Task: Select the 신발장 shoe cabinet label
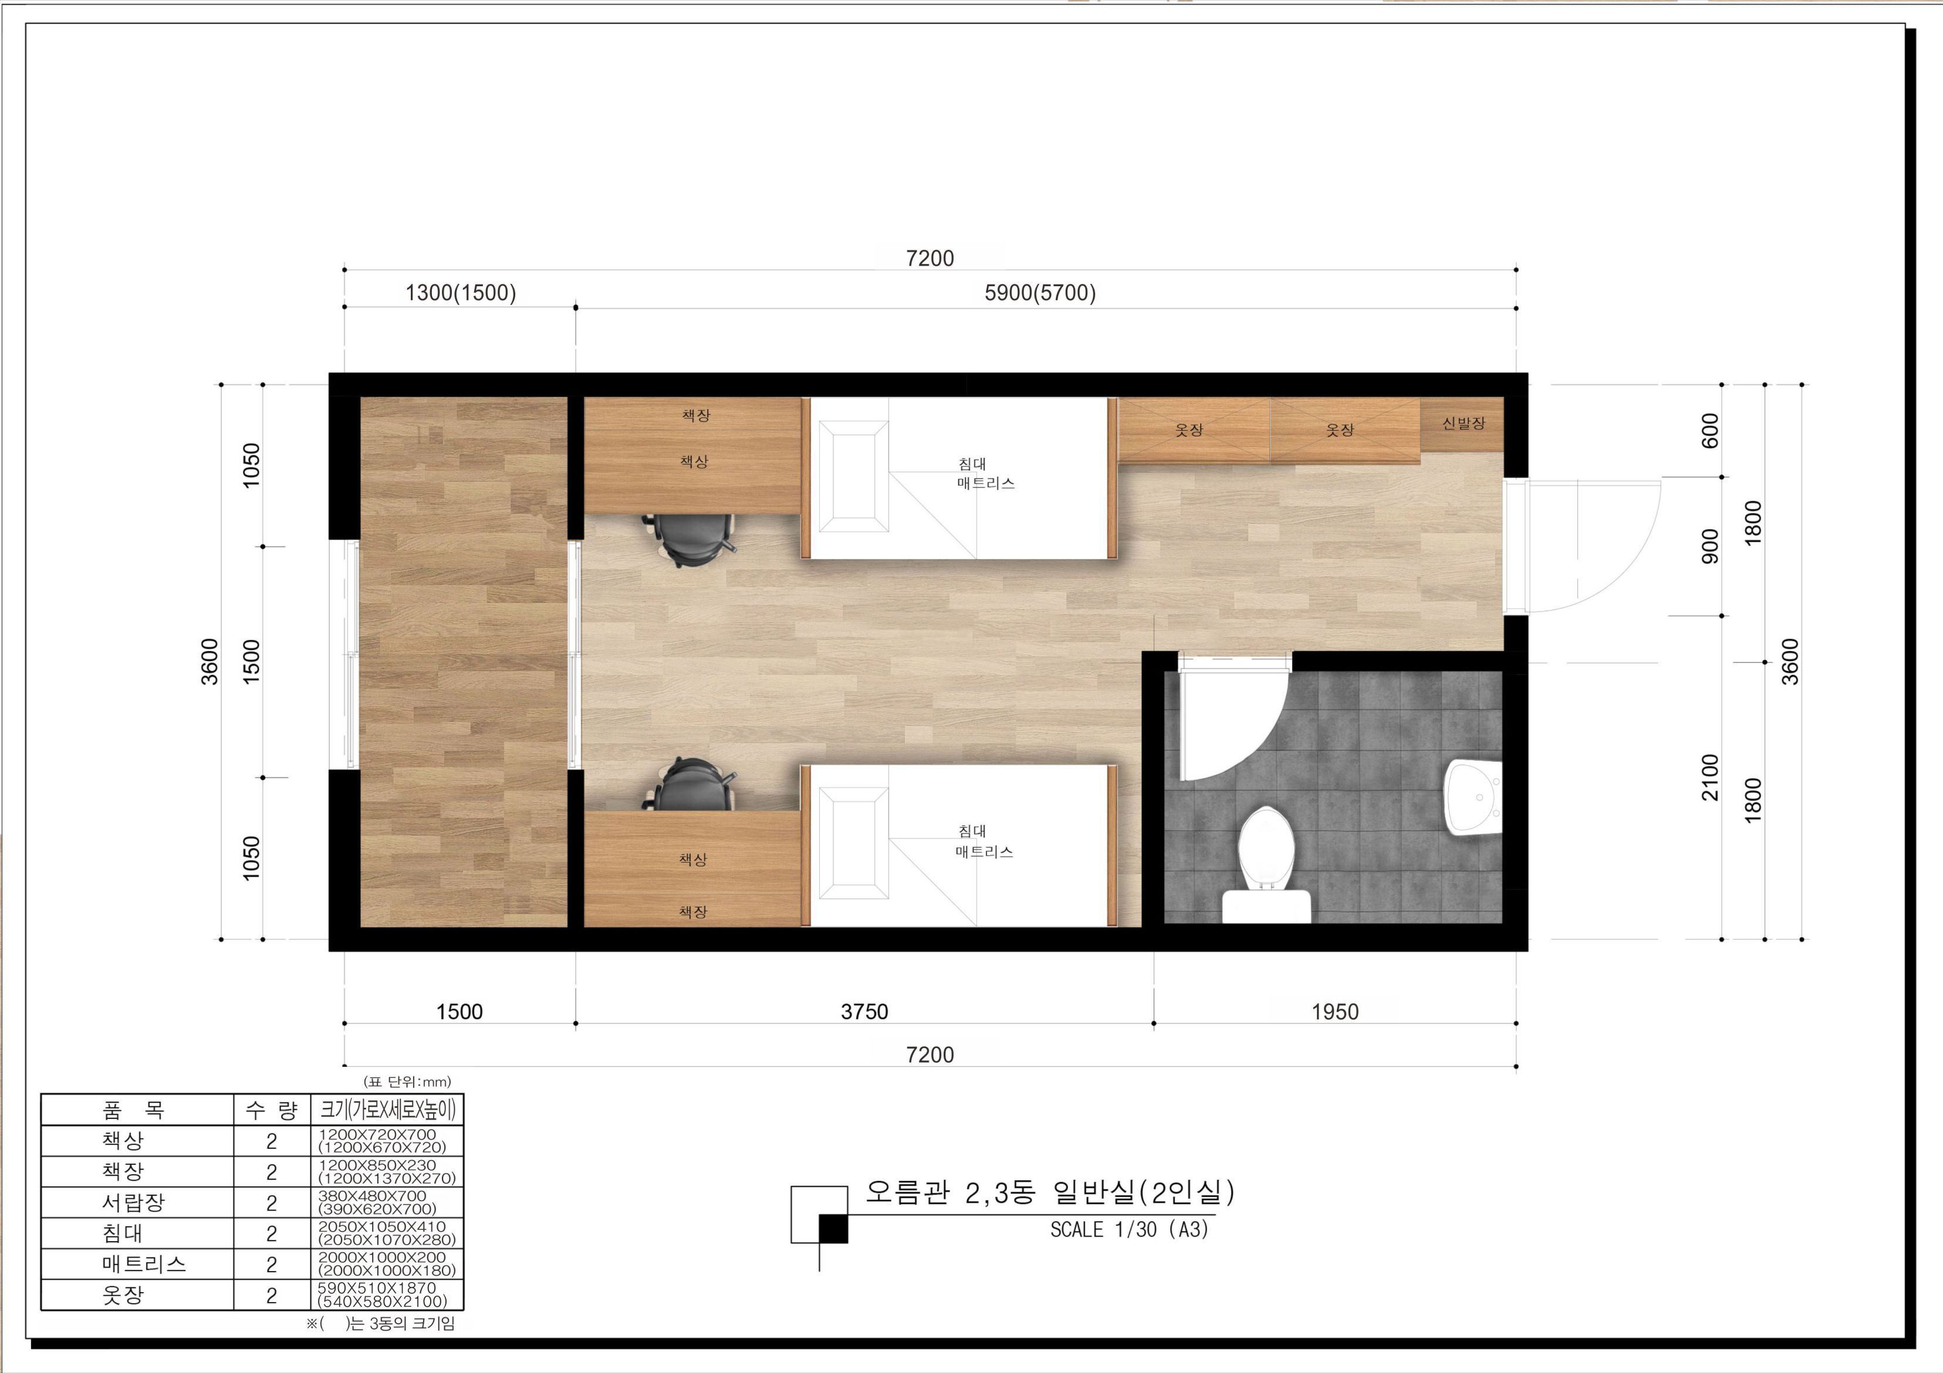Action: pos(1463,423)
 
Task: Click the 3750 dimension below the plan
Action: pos(864,1011)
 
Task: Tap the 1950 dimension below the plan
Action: pos(1334,1011)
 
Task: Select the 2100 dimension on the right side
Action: pos(1710,777)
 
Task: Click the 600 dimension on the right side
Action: pos(1710,430)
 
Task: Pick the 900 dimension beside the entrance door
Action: pos(1710,545)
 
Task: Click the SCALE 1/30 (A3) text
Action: pos(1129,1229)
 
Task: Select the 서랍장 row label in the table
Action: pos(134,1202)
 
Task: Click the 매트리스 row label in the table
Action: pos(144,1264)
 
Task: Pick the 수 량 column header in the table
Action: pos(272,1110)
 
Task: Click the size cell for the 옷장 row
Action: pos(387,1294)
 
